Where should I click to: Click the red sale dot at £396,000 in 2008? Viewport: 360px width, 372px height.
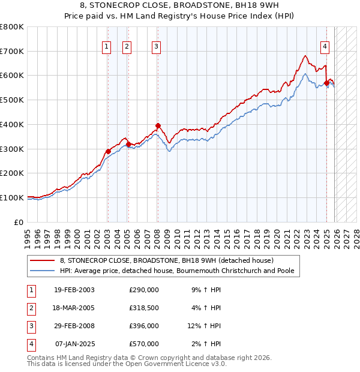click(x=158, y=126)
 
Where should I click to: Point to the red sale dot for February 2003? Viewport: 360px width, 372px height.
click(x=108, y=151)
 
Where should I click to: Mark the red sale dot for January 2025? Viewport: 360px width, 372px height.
click(x=326, y=83)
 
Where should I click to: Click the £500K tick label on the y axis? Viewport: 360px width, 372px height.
click(x=12, y=100)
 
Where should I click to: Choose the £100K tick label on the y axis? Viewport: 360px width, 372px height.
click(x=12, y=197)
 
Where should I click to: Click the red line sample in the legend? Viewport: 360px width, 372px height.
click(x=42, y=261)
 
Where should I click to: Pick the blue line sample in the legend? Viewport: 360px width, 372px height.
click(x=42, y=271)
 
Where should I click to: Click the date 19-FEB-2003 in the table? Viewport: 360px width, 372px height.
click(x=74, y=290)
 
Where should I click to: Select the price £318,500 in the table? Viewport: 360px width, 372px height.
click(x=144, y=308)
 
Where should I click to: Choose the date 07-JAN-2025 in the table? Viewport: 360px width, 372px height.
click(x=74, y=344)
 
